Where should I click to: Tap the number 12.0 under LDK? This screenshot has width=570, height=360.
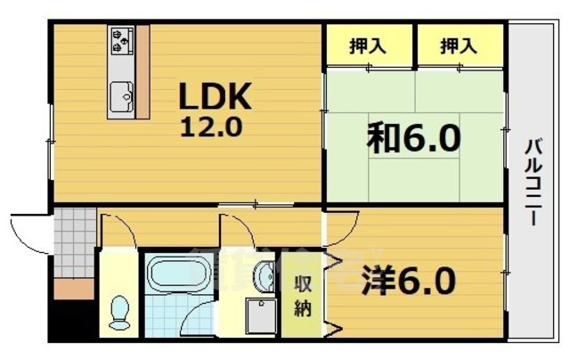click(x=212, y=127)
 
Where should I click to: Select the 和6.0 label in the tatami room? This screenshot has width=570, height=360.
click(x=413, y=138)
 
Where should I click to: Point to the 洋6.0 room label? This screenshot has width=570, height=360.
click(x=409, y=281)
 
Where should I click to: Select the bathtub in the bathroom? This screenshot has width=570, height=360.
click(x=178, y=277)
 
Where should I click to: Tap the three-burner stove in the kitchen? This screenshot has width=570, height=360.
click(x=121, y=40)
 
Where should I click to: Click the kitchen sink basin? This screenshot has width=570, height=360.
click(x=119, y=92)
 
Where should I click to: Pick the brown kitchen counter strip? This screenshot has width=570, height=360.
click(x=142, y=71)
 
